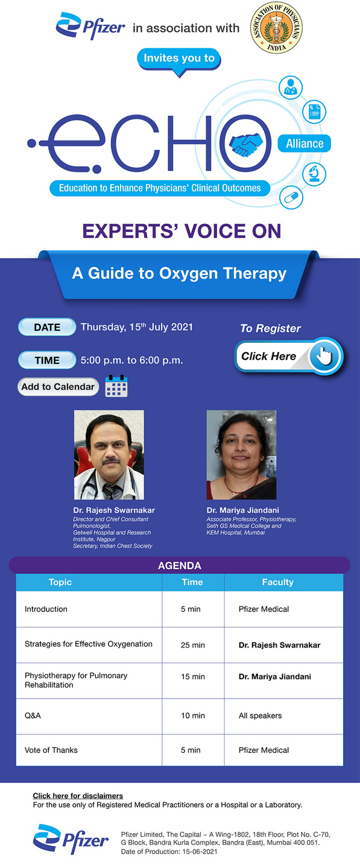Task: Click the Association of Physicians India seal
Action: pyautogui.click(x=276, y=28)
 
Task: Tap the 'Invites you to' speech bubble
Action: pyautogui.click(x=179, y=59)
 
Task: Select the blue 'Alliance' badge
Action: pyautogui.click(x=305, y=143)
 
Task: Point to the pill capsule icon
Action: pyautogui.click(x=292, y=197)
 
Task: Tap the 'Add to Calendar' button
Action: pyautogui.click(x=58, y=387)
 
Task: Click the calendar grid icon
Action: pyautogui.click(x=116, y=386)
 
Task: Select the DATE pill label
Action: pyautogui.click(x=47, y=327)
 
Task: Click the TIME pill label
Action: pyautogui.click(x=47, y=360)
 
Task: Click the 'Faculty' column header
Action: pyautogui.click(x=277, y=582)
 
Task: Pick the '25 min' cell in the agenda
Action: pyautogui.click(x=193, y=645)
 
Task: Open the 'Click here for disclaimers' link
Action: pyautogui.click(x=78, y=796)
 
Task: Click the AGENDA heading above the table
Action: pyautogui.click(x=179, y=566)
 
